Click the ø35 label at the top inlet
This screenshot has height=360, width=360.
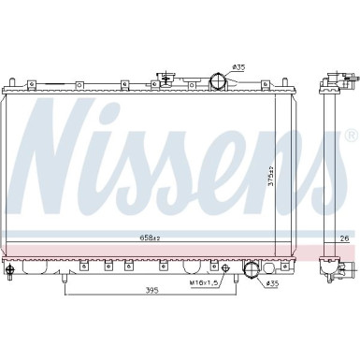tap(238, 67)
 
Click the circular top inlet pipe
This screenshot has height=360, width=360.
tap(217, 81)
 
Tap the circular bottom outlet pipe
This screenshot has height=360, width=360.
tap(251, 272)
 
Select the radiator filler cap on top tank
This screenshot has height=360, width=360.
tap(168, 81)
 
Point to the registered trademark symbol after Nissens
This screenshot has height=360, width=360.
tap(352, 134)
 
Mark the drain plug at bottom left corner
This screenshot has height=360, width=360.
tap(10, 272)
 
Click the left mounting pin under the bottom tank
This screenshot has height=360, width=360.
tap(64, 277)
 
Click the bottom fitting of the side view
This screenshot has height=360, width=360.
tap(331, 270)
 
